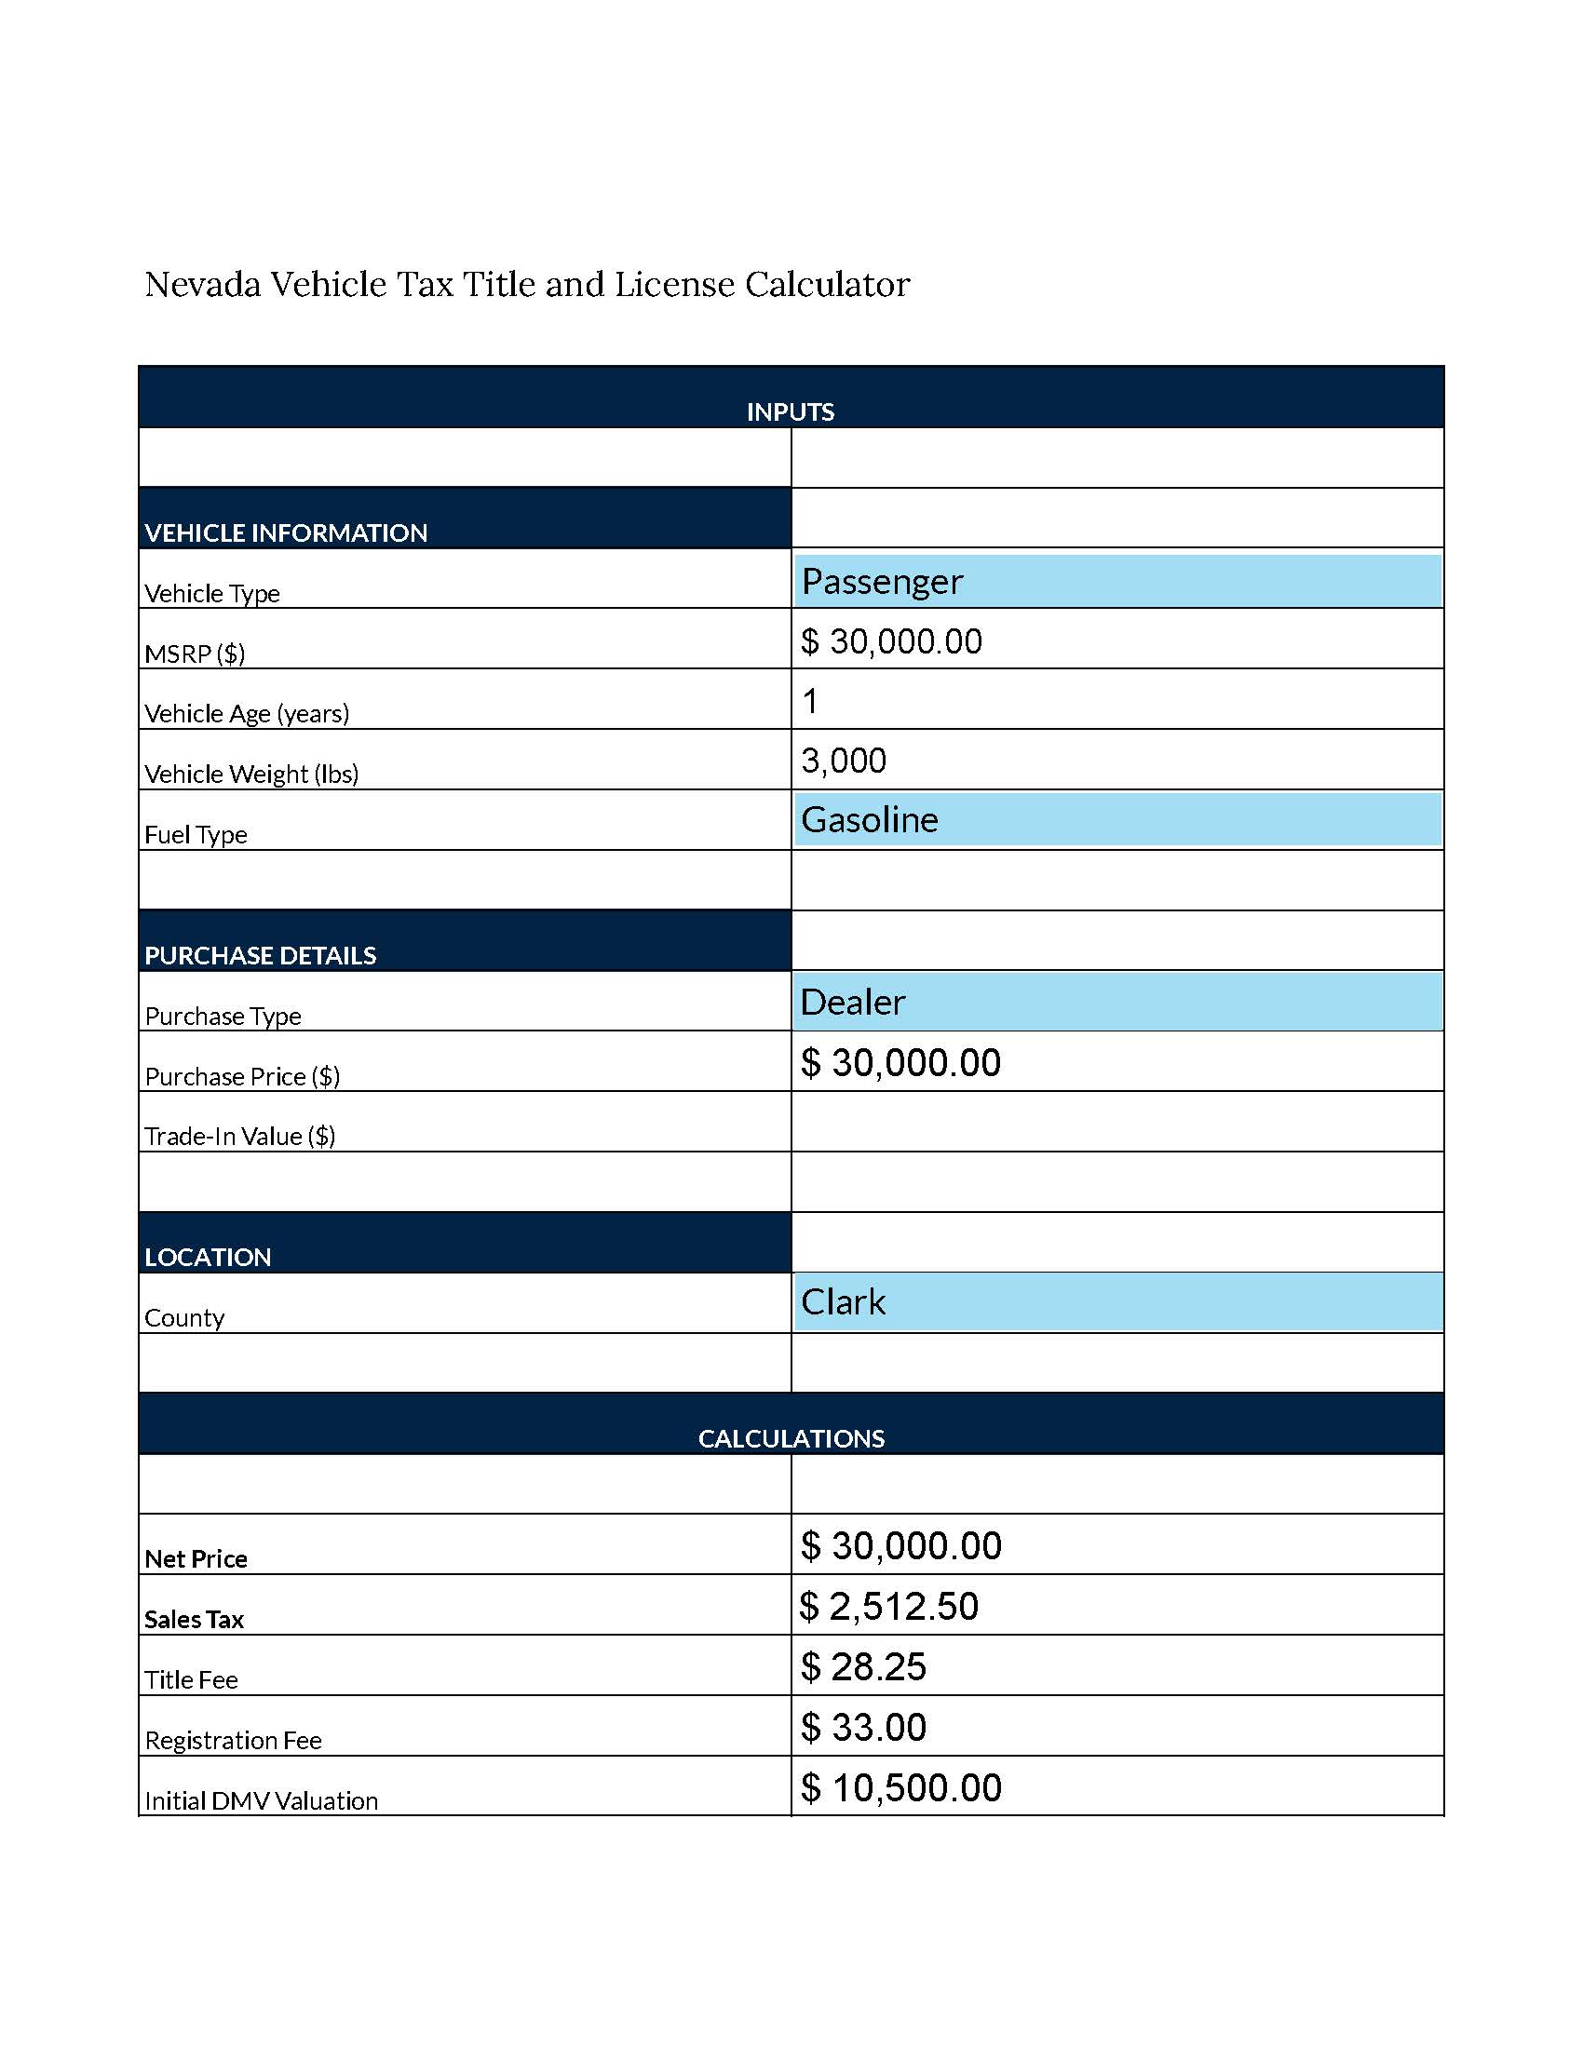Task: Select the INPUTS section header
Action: click(790, 411)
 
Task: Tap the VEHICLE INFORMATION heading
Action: click(286, 532)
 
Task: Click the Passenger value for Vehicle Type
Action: click(882, 582)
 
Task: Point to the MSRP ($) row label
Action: click(194, 653)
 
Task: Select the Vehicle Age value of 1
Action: click(810, 700)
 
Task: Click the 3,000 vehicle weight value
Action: click(843, 761)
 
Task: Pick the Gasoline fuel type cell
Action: click(870, 820)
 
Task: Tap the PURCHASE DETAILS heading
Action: click(260, 955)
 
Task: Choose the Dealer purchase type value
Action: click(852, 1003)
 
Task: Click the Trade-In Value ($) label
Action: click(239, 1137)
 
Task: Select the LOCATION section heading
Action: click(208, 1258)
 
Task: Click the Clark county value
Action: click(842, 1302)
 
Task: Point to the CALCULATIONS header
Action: click(791, 1438)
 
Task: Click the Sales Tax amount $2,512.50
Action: click(889, 1607)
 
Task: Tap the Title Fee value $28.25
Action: click(863, 1666)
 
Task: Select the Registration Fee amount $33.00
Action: click(863, 1727)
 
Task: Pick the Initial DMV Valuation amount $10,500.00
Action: click(900, 1787)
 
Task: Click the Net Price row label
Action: click(195, 1559)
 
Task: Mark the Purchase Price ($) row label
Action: click(242, 1076)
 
